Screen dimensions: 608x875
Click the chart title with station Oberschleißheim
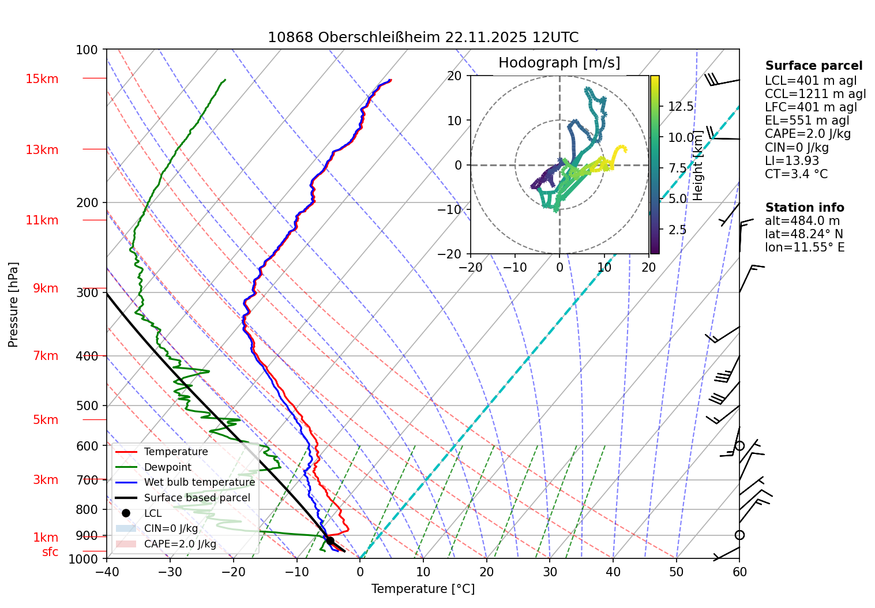coord(423,37)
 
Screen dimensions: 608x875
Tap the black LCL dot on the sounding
coord(330,541)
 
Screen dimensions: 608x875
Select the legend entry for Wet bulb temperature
coord(199,482)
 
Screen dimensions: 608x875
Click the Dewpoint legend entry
coord(167,467)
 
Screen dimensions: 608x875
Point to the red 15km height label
coord(42,79)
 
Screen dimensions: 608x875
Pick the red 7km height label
coord(46,356)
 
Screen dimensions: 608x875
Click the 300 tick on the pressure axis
coord(87,293)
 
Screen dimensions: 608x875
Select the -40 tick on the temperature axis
coord(107,572)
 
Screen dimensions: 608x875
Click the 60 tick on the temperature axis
coord(739,572)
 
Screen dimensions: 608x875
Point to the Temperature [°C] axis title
coord(423,589)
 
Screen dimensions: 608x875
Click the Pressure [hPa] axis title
coord(13,305)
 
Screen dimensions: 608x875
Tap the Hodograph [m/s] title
coord(559,63)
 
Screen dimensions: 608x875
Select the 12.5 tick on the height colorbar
coord(681,107)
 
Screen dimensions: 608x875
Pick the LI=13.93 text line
coord(791,161)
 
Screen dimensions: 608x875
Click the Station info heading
coord(804,208)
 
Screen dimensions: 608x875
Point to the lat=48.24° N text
coord(803,234)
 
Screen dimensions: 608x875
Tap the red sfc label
coord(50,552)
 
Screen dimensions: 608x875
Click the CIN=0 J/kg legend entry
coord(171,528)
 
